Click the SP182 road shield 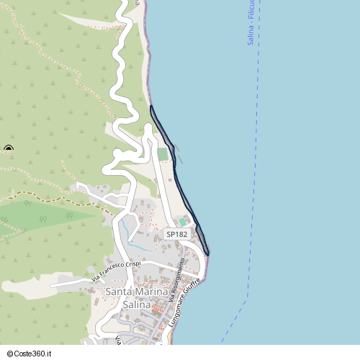(176, 235)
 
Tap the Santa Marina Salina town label (136, 298)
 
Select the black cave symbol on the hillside (8, 149)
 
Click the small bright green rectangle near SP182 (182, 222)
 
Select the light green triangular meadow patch (43, 215)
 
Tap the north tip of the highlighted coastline (151, 107)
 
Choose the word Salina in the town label (136, 305)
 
